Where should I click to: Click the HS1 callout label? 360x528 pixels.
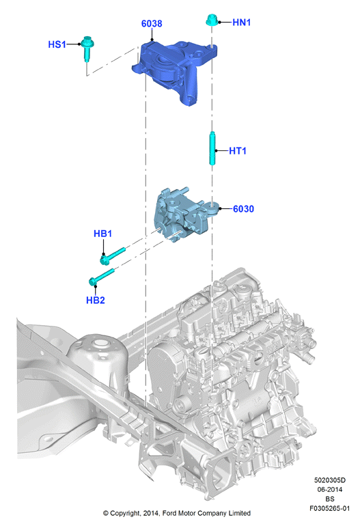pos(57,44)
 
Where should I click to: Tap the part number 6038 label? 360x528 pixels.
pos(152,24)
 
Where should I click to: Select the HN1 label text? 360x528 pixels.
pos(241,23)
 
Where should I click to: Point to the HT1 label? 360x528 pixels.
pos(238,151)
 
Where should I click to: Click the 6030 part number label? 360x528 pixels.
pos(243,209)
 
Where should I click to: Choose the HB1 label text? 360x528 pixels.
pos(102,234)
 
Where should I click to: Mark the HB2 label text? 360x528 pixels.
pos(96,300)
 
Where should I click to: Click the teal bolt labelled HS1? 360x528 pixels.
pos(87,48)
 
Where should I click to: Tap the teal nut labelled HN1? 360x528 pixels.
pos(212,20)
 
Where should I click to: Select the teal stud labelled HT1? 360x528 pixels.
pos(212,148)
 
